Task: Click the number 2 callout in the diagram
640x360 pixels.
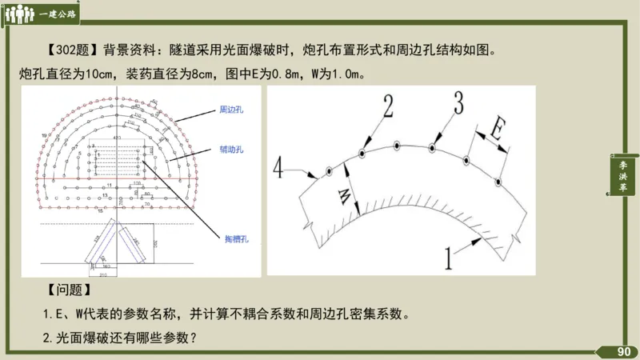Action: [x=387, y=106]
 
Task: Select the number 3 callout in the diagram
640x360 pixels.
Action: [x=458, y=102]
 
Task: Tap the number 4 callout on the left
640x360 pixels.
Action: [x=277, y=167]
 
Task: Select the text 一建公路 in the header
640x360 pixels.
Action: [x=56, y=14]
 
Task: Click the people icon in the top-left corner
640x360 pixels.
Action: [x=19, y=14]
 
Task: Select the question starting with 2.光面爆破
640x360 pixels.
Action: [x=121, y=338]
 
